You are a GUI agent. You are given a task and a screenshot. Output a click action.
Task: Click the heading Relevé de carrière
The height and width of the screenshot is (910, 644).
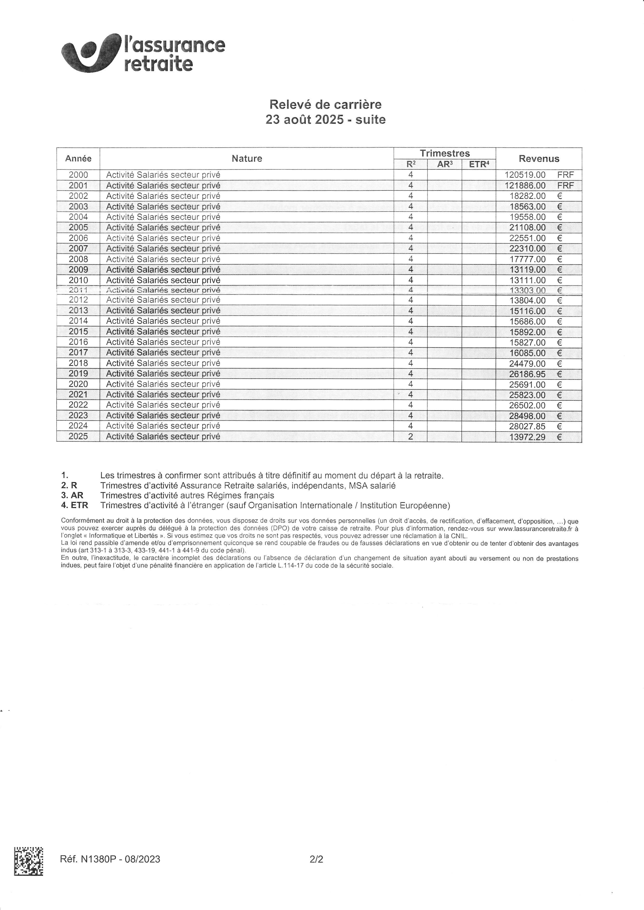tap(325, 105)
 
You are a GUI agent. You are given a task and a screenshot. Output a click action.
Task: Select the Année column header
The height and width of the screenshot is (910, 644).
tap(78, 159)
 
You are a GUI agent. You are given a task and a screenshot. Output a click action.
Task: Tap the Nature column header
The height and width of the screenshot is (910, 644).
tap(247, 159)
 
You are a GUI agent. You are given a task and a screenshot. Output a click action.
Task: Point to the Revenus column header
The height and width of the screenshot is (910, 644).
tap(539, 159)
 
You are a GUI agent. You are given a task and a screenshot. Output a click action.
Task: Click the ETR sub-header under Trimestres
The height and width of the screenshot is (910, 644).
tap(479, 164)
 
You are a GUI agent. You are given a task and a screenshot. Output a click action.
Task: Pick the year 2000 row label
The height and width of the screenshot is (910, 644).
tap(78, 175)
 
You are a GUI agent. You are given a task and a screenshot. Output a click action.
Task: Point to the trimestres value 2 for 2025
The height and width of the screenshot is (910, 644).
tap(411, 437)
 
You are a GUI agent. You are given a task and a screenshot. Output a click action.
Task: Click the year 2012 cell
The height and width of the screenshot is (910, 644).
tap(78, 300)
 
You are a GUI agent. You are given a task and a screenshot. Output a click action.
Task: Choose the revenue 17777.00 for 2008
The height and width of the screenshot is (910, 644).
tap(527, 259)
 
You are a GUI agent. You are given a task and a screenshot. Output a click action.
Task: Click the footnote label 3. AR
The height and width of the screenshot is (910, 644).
tap(72, 495)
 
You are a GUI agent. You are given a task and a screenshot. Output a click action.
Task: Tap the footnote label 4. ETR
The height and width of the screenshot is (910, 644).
tap(74, 505)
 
